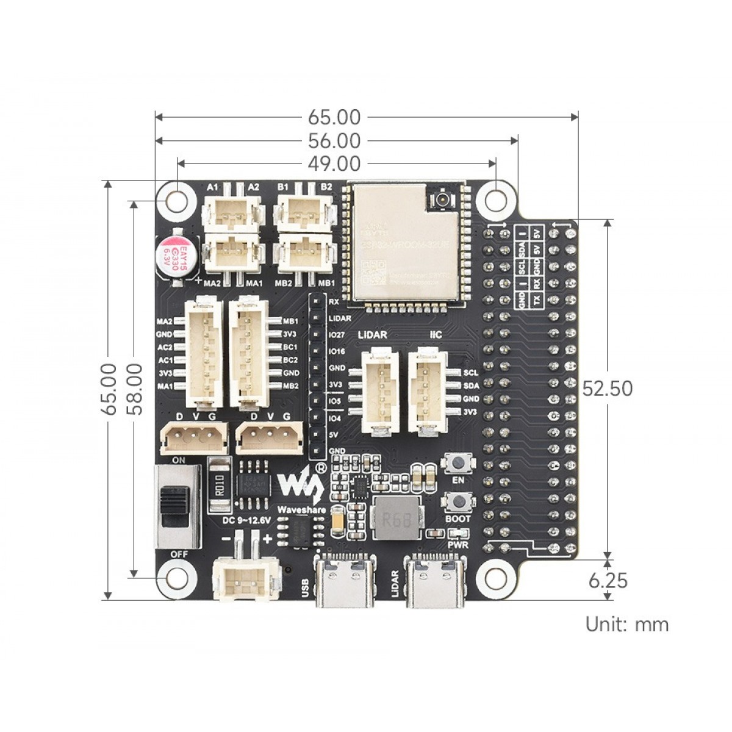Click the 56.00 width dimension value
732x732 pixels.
click(x=334, y=141)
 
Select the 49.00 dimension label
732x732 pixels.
click(x=334, y=163)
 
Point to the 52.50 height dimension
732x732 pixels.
click(x=607, y=389)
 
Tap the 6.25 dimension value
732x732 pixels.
click(x=608, y=580)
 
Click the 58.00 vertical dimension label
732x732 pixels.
click(x=134, y=389)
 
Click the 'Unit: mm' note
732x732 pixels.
click(x=626, y=624)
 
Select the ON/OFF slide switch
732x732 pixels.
click(x=176, y=506)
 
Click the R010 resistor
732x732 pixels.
click(x=219, y=486)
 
